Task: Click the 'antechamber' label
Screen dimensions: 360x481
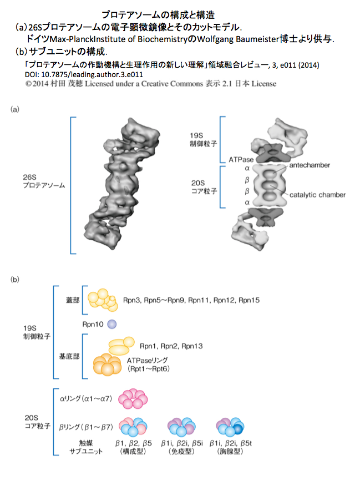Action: pyautogui.click(x=310, y=165)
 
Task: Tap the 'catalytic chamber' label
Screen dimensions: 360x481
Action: pyautogui.click(x=317, y=195)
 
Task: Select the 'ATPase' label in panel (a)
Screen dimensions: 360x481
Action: pyautogui.click(x=241, y=160)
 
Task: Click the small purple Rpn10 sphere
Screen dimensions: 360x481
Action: pyautogui.click(x=112, y=324)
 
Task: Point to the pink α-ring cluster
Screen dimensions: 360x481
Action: pyautogui.click(x=133, y=398)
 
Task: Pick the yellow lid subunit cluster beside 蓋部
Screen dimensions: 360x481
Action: pyautogui.click(x=103, y=300)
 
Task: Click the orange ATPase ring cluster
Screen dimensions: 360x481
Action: pyautogui.click(x=107, y=364)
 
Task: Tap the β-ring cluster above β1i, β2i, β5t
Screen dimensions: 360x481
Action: pyautogui.click(x=230, y=427)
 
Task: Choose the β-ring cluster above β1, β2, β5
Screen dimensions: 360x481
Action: pyautogui.click(x=133, y=427)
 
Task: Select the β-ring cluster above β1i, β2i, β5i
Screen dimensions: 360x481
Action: pyautogui.click(x=181, y=427)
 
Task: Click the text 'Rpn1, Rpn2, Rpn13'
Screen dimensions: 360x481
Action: pyautogui.click(x=171, y=346)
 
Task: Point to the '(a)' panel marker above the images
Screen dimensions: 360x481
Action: pyautogui.click(x=15, y=109)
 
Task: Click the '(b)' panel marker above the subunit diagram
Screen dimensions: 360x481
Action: pyautogui.click(x=15, y=280)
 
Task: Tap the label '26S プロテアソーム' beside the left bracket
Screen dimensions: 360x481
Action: pyautogui.click(x=44, y=181)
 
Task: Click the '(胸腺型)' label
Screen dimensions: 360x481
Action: pyautogui.click(x=230, y=451)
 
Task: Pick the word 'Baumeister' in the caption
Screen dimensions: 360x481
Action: pyautogui.click(x=257, y=39)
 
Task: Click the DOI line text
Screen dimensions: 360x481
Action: pyautogui.click(x=84, y=74)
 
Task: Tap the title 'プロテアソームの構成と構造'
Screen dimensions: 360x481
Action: pyautogui.click(x=158, y=14)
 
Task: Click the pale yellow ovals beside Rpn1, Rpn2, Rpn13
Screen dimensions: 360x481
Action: pyautogui.click(x=121, y=346)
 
